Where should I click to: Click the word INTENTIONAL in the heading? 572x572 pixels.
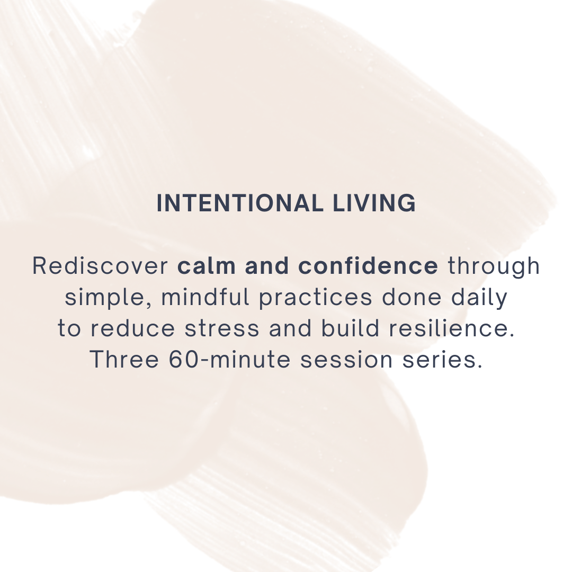point(238,204)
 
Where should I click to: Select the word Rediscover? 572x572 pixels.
point(100,266)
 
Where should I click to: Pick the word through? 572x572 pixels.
point(494,266)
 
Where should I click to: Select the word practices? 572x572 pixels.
point(316,298)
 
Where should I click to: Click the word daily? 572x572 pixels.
point(480,298)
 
